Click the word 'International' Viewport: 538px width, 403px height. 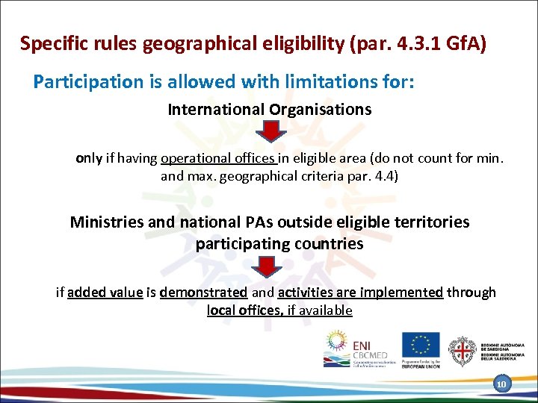[213, 110]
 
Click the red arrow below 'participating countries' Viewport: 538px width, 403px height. [270, 267]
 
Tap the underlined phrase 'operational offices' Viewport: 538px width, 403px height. [218, 158]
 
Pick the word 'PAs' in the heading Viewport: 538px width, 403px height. [262, 222]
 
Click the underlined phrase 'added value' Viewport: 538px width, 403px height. [105, 292]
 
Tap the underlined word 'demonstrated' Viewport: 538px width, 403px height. [203, 292]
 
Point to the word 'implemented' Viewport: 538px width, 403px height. [403, 292]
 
